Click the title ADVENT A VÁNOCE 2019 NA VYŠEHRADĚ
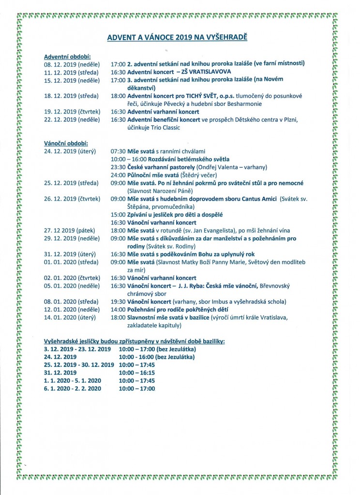pos(180,37)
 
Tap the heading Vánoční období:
pos(66,144)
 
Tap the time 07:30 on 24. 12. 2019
pos(118,151)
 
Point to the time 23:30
pos(118,167)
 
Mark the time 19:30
pos(118,302)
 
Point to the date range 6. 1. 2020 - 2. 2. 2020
pos(72,388)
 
